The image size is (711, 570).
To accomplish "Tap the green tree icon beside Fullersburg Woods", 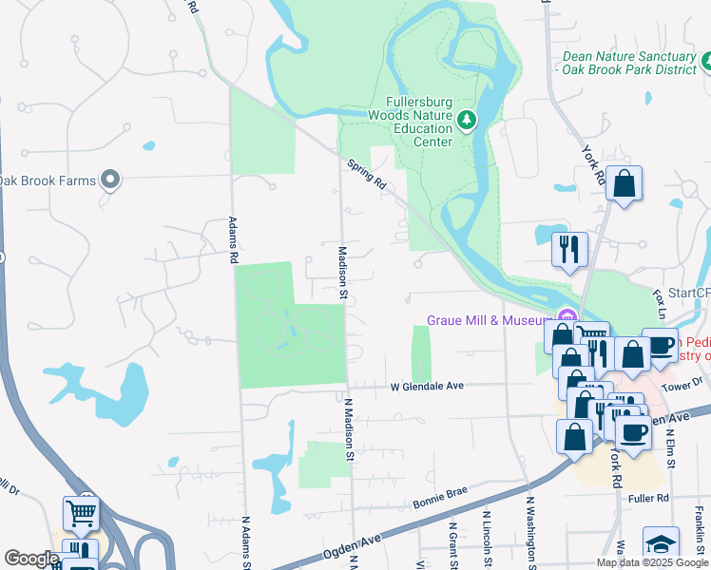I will coord(466,119).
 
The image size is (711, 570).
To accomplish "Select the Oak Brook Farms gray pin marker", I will coord(110,180).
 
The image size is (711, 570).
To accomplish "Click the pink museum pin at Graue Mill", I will coord(567,316).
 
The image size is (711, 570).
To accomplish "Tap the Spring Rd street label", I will coord(367,174).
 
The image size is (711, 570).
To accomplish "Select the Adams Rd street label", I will coord(231,238).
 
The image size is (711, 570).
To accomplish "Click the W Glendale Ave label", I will coord(427,386).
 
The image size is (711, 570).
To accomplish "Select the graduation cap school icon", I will coord(661,544).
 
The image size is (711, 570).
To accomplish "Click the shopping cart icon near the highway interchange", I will coord(81,513).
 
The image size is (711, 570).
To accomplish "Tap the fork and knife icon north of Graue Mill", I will coord(569,250).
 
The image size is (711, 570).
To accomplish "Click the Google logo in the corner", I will coord(30,559).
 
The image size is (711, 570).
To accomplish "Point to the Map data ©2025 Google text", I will coord(651,562).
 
